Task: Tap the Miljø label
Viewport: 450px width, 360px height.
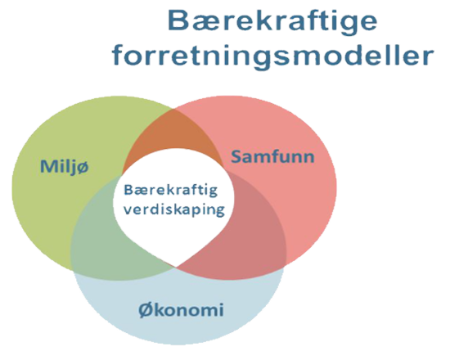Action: click(x=65, y=167)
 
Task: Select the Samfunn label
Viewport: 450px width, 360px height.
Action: click(x=272, y=157)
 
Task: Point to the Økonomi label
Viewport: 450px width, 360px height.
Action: click(x=181, y=310)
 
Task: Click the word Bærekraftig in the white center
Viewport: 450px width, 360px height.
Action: click(x=170, y=191)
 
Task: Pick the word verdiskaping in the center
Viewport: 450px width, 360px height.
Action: click(x=174, y=209)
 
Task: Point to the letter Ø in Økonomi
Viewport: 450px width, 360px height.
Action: click(x=146, y=310)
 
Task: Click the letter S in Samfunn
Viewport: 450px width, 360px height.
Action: click(x=237, y=157)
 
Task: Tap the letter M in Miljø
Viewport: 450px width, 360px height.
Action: click(x=48, y=167)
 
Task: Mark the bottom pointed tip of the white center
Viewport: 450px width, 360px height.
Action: click(x=176, y=267)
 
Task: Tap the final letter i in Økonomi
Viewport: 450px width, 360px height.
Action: click(x=221, y=309)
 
